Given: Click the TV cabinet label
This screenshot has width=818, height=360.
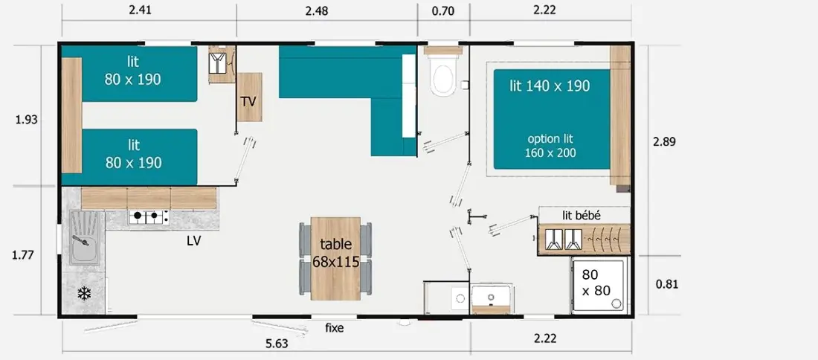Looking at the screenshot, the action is (x=249, y=101).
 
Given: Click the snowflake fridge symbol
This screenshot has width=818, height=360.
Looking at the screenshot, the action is (x=84, y=294).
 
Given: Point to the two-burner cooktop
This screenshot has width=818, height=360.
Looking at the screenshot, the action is (x=149, y=216).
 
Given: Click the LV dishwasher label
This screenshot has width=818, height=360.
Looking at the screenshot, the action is (x=193, y=240).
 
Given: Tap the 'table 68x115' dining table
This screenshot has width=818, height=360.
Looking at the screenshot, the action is (x=335, y=258).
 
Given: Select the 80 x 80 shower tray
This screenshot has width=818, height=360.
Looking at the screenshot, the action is (x=598, y=286).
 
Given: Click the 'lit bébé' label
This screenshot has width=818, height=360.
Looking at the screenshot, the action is (x=582, y=215).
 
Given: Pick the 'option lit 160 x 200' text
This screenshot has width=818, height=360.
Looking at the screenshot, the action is (x=550, y=146).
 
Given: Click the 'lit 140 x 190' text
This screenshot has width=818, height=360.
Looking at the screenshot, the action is (x=550, y=86).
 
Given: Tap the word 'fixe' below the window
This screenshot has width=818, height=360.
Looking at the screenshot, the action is (x=335, y=328).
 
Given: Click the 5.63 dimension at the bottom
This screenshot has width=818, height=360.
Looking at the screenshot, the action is (x=277, y=344).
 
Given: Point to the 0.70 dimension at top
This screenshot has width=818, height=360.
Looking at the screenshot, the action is (x=443, y=10).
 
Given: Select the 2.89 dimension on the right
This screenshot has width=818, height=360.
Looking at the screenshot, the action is (x=664, y=141).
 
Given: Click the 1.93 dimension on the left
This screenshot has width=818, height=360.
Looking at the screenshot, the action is (x=27, y=120).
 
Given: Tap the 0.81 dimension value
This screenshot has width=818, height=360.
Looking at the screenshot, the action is (x=667, y=284).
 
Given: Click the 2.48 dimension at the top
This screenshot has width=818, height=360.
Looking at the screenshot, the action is (x=317, y=11).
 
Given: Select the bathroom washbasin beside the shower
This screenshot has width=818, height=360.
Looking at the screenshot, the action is (x=491, y=298).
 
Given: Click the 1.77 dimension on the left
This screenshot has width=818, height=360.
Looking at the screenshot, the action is (x=23, y=255).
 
